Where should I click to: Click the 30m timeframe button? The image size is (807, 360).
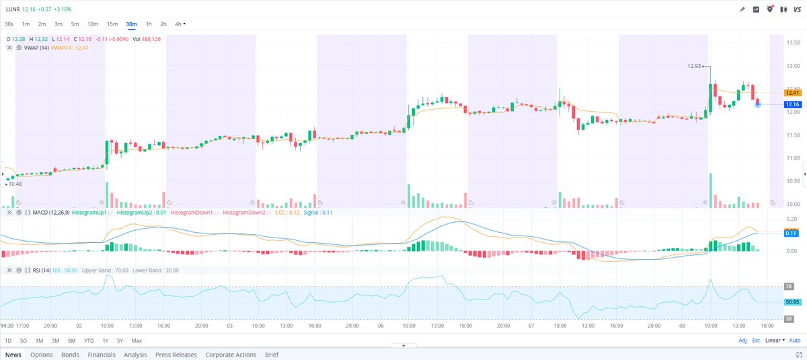131,24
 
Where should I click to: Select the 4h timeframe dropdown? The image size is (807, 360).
180,24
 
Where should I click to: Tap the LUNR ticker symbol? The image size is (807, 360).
12,9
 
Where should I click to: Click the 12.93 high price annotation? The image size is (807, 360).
694,66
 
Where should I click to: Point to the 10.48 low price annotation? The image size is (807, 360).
15,184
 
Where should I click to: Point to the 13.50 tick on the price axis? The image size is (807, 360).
792,42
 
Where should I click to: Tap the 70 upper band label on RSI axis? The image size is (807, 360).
789,287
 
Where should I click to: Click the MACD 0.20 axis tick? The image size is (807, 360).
791,219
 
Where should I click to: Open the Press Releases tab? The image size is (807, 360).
176,355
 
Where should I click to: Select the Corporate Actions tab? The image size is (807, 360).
231,355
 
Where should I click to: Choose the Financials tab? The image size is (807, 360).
102,355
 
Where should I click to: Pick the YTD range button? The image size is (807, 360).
89,340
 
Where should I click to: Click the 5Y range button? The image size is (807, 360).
120,340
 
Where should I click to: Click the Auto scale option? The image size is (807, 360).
794,340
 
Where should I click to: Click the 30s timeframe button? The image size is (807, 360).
9,24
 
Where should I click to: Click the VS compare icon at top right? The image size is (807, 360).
796,9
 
